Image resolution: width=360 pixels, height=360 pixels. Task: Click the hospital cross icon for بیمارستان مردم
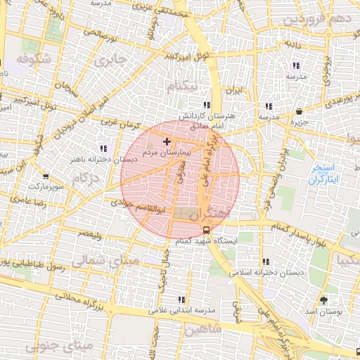coord(166,143)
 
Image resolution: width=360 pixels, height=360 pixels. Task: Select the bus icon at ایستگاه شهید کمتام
coord(205,230)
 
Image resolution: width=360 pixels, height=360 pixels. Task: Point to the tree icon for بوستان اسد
coord(323,300)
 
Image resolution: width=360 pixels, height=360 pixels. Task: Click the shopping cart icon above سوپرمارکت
coord(46,176)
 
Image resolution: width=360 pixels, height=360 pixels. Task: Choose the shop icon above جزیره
coord(300,112)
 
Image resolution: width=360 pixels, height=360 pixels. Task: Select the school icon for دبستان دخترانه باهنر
coord(104,148)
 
